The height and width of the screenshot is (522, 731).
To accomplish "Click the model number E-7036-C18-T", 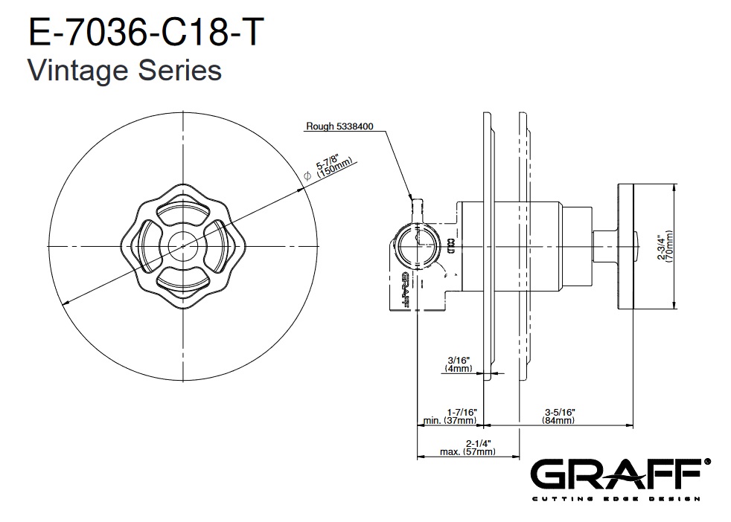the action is (x=146, y=32).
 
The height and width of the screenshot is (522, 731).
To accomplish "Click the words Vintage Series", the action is (x=125, y=71).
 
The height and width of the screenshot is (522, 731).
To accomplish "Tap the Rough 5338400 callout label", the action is (x=339, y=126).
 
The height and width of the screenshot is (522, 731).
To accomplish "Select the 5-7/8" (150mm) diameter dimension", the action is (x=333, y=167).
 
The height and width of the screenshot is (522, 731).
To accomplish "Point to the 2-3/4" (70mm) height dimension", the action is (x=665, y=247).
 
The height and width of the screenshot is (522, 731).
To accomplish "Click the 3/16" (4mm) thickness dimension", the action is (x=459, y=364).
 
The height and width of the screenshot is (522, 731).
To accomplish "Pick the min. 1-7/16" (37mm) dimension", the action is (x=450, y=416).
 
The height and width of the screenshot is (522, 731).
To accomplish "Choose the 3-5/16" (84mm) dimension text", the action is (x=559, y=416).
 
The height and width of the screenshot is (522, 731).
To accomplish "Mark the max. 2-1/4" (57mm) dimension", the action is (x=467, y=448).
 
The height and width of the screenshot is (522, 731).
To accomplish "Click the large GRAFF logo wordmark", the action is (x=616, y=474).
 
